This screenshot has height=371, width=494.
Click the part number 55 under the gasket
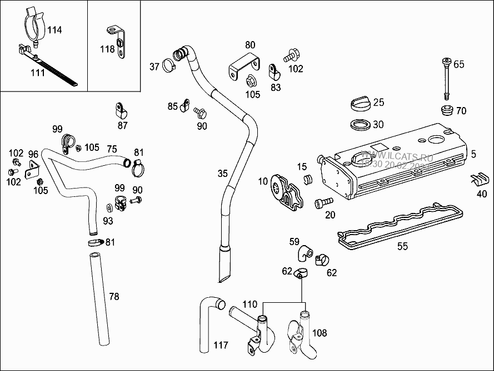click(402, 246)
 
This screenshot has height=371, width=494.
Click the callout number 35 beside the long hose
click(222, 174)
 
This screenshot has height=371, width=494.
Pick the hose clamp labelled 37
click(169, 67)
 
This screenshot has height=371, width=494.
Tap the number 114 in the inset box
click(54, 30)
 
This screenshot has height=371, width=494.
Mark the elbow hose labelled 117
click(208, 322)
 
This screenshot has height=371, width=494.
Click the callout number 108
click(320, 333)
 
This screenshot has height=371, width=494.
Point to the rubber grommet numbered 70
click(446, 109)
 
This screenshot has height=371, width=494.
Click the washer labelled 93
click(109, 207)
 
